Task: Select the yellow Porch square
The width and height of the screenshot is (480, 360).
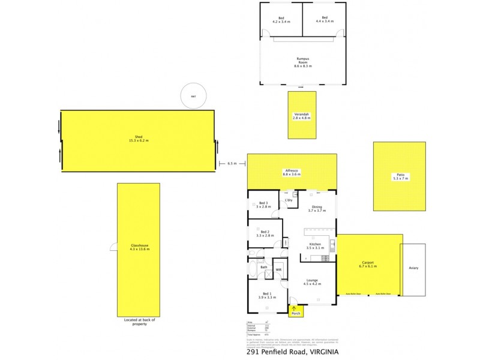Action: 296,310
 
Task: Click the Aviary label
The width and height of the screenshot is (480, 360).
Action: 413,268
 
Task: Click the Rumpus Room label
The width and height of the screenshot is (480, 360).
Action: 302,61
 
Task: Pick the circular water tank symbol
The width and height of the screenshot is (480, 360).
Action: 194,96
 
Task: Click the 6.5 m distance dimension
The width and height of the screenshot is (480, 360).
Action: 232,163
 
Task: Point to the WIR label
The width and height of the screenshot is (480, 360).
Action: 278,270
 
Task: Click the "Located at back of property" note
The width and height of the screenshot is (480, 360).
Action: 139,322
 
